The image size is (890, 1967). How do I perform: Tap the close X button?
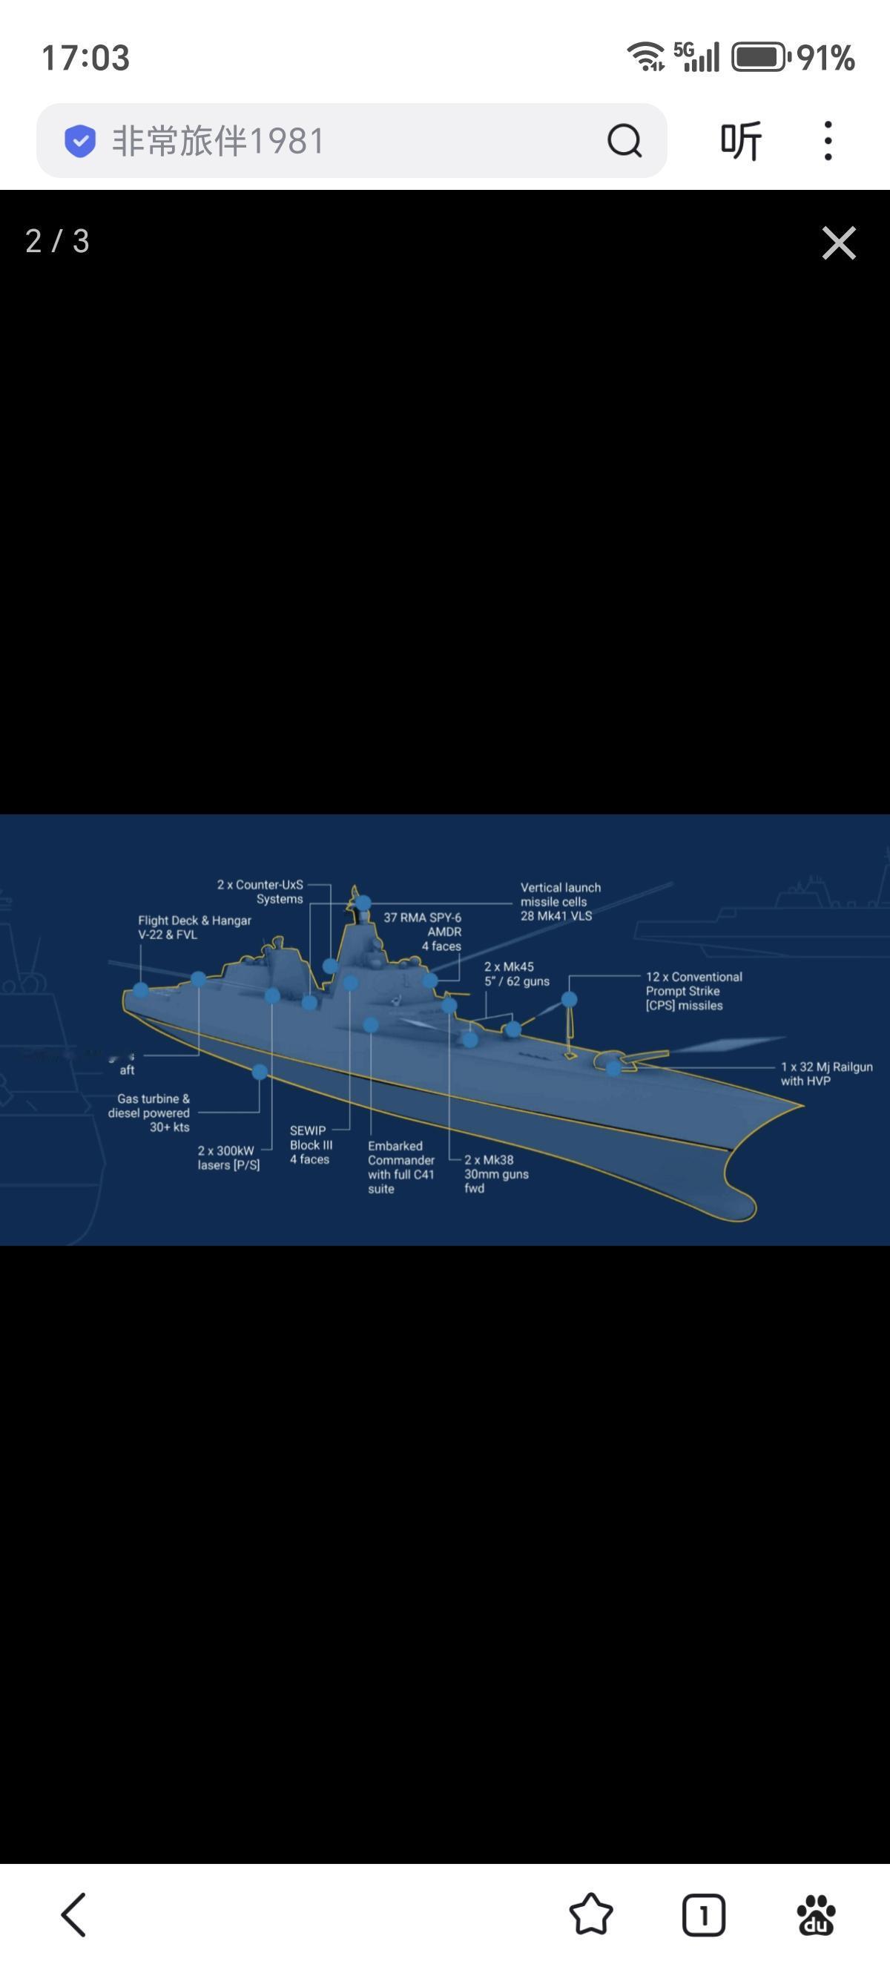(838, 243)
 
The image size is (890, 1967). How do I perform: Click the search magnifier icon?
(624, 140)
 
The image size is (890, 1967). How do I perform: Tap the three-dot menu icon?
(828, 140)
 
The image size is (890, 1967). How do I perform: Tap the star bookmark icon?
(591, 1914)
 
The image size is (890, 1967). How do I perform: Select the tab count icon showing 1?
(703, 1914)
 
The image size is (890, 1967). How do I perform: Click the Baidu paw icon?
(816, 1914)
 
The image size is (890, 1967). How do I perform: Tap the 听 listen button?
(740, 140)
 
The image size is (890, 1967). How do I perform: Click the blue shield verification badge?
(80, 141)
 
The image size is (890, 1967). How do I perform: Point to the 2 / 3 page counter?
(58, 241)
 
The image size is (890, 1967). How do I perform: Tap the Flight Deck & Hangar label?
(194, 927)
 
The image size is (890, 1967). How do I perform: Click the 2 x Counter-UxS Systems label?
(260, 892)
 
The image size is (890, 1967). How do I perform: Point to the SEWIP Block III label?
(311, 1144)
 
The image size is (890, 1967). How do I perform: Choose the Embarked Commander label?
(400, 1167)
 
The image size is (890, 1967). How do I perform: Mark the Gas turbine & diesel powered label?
(149, 1113)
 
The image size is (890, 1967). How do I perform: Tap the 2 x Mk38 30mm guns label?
(495, 1173)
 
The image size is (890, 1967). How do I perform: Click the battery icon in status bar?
(760, 58)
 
